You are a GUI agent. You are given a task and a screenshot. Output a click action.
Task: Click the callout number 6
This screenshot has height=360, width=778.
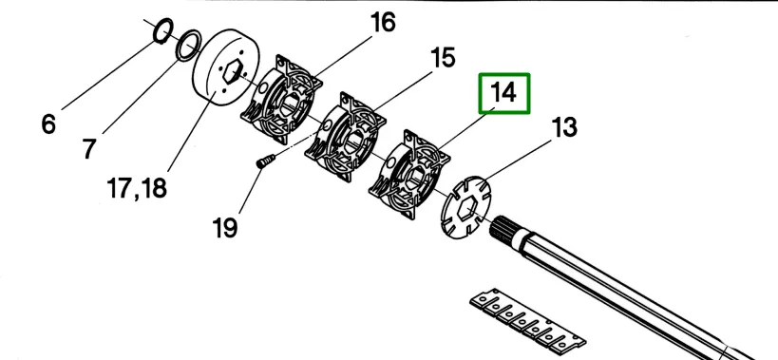pyautogui.click(x=48, y=124)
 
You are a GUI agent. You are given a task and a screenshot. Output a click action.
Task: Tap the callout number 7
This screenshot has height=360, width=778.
pyautogui.click(x=88, y=148)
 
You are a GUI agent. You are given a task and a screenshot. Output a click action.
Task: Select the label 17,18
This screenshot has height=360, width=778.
pyautogui.click(x=137, y=189)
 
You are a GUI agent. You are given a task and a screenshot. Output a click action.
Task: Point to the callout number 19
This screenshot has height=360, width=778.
pyautogui.click(x=225, y=228)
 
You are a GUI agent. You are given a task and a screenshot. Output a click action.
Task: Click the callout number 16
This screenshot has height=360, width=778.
pyautogui.click(x=383, y=23)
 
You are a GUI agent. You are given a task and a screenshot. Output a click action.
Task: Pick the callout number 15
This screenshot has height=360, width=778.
pyautogui.click(x=443, y=58)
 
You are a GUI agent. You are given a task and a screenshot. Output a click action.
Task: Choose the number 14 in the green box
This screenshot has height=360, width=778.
pyautogui.click(x=503, y=93)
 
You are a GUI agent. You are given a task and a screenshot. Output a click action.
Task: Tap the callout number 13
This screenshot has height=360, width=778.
pyautogui.click(x=564, y=127)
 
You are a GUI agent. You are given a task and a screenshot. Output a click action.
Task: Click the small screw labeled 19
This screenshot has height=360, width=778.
pyautogui.click(x=265, y=161)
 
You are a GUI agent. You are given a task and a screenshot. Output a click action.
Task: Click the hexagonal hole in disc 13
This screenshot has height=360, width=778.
pyautogui.click(x=465, y=208)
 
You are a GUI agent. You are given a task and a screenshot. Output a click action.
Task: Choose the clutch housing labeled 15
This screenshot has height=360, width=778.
pyautogui.click(x=345, y=136)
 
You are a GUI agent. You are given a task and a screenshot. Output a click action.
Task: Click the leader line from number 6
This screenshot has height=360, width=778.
pyautogui.click(x=108, y=75)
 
